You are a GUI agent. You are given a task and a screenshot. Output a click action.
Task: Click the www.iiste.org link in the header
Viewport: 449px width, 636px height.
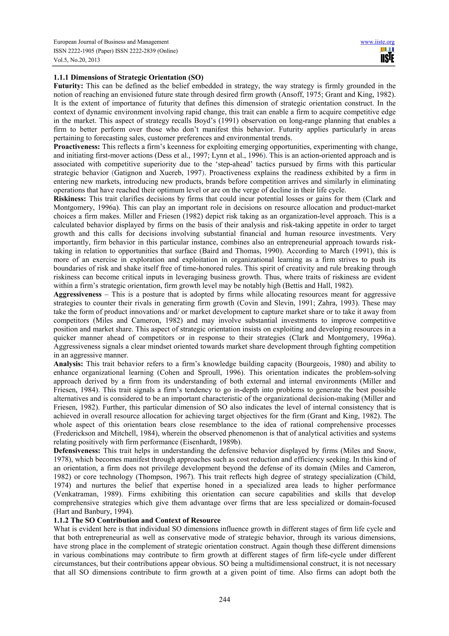click(x=377, y=42)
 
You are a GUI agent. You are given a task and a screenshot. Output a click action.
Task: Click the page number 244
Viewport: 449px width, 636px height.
click(x=224, y=600)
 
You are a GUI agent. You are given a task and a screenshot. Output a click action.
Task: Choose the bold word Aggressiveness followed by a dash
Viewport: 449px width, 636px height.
click(x=77, y=294)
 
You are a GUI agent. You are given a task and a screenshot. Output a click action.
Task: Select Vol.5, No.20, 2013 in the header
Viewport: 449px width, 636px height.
click(x=77, y=60)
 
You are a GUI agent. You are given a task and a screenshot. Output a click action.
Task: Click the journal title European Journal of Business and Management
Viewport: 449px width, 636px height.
click(x=111, y=42)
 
